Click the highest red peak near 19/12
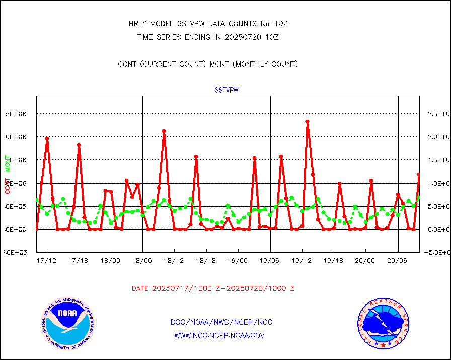[x=307, y=122]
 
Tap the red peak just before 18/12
[x=164, y=131]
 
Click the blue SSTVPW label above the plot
[x=227, y=91]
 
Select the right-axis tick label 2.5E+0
[x=438, y=114]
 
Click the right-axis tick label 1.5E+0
[x=438, y=160]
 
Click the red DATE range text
[x=213, y=289]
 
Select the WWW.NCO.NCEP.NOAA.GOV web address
[x=219, y=335]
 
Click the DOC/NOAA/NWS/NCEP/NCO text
[x=221, y=322]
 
